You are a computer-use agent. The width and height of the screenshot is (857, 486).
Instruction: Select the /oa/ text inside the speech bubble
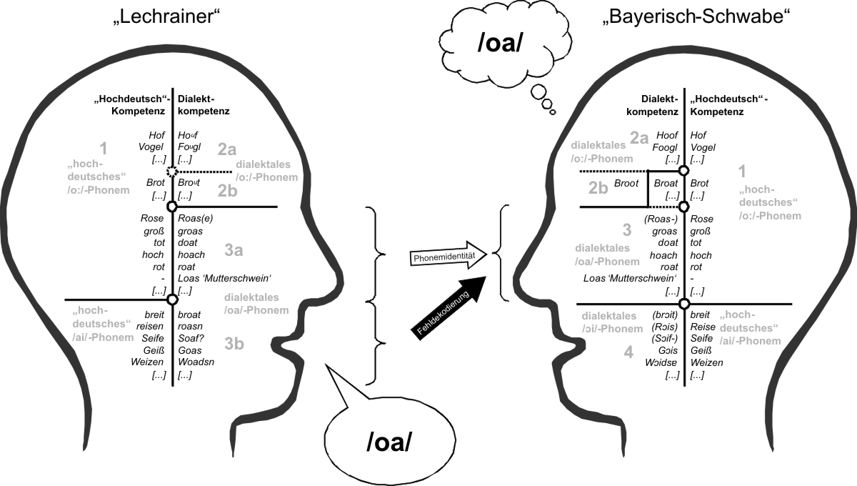(x=390, y=442)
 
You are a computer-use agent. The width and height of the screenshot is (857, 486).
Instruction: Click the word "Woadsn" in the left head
(x=194, y=363)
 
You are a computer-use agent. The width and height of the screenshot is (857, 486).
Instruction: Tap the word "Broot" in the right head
(x=626, y=184)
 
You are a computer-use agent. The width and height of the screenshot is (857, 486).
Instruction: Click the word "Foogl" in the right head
(x=666, y=147)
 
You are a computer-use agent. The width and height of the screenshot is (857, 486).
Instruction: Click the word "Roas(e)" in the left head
(x=196, y=219)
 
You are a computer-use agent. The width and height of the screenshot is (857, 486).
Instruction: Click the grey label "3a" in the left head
(x=234, y=250)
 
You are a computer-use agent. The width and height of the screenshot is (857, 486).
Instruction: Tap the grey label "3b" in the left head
(x=234, y=344)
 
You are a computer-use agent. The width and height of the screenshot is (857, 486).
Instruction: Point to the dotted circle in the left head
(x=171, y=172)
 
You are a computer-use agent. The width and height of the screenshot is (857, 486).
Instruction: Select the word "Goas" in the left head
(x=190, y=351)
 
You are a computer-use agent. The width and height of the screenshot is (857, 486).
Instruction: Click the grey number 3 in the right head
(x=627, y=230)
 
